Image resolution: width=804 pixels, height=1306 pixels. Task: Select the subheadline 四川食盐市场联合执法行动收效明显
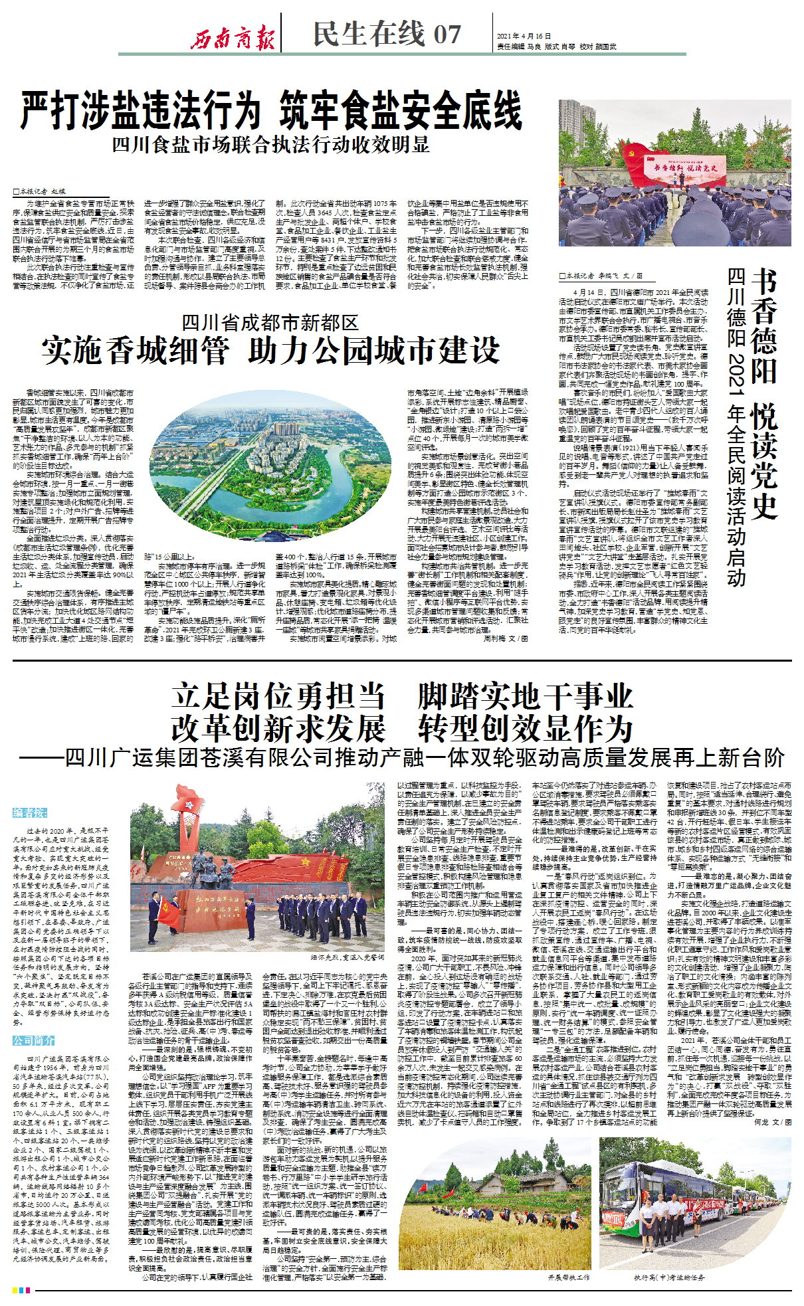click(x=270, y=144)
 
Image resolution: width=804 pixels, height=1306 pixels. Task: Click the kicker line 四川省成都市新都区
click(x=270, y=323)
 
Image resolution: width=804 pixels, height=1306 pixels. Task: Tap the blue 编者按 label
click(x=30, y=812)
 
